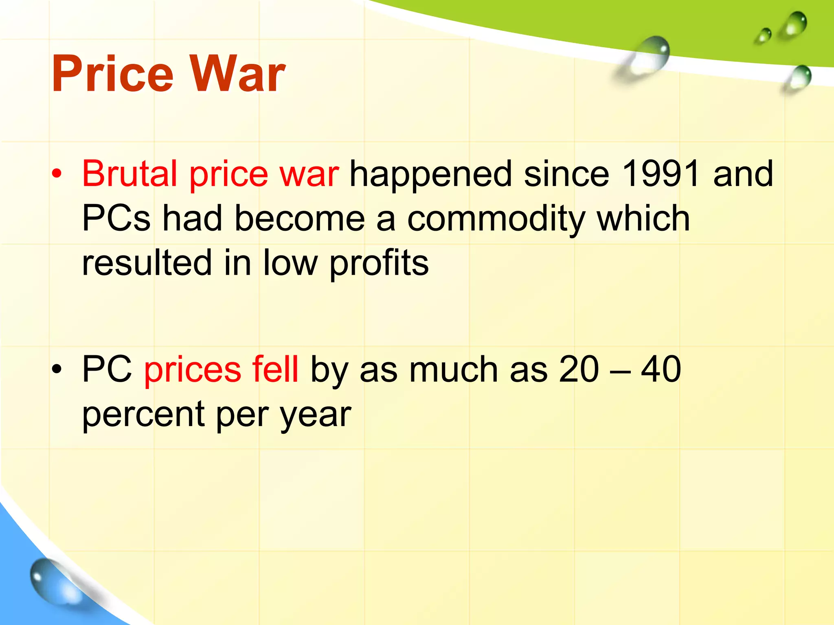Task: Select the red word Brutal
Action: [130, 174]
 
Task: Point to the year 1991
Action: [661, 174]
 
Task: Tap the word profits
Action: [379, 264]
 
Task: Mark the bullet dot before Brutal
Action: [57, 174]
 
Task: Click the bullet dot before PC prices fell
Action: [57, 369]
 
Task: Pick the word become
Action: [300, 219]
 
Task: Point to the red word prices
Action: [193, 370]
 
